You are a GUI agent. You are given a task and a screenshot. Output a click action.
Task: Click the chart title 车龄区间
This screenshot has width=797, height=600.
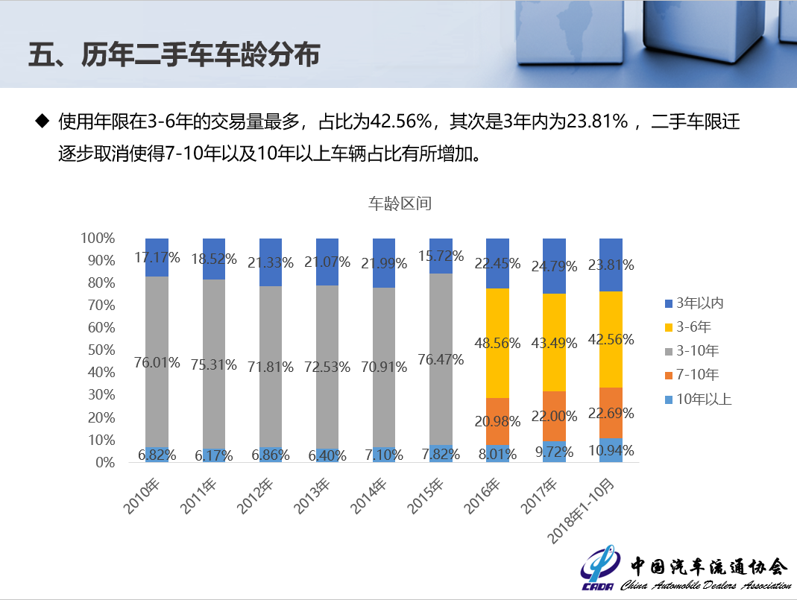pyautogui.click(x=400, y=203)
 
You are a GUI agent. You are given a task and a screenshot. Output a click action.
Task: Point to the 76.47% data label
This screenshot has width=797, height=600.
pyautogui.click(x=441, y=359)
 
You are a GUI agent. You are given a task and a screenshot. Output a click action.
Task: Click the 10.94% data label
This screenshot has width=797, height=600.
pyautogui.click(x=611, y=450)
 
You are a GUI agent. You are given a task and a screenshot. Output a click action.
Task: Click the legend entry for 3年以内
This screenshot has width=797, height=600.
pyautogui.click(x=699, y=303)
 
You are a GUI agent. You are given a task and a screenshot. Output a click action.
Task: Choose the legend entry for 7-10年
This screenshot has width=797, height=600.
pyautogui.click(x=698, y=374)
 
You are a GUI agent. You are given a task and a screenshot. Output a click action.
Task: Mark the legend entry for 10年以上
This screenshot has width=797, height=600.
pyautogui.click(x=703, y=399)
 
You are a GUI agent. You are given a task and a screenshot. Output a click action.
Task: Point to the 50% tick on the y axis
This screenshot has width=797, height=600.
pyautogui.click(x=97, y=350)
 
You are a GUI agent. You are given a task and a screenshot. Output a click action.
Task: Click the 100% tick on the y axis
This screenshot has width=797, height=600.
pyautogui.click(x=97, y=239)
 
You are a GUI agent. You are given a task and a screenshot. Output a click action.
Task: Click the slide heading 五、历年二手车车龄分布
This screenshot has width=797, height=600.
pyautogui.click(x=173, y=56)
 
